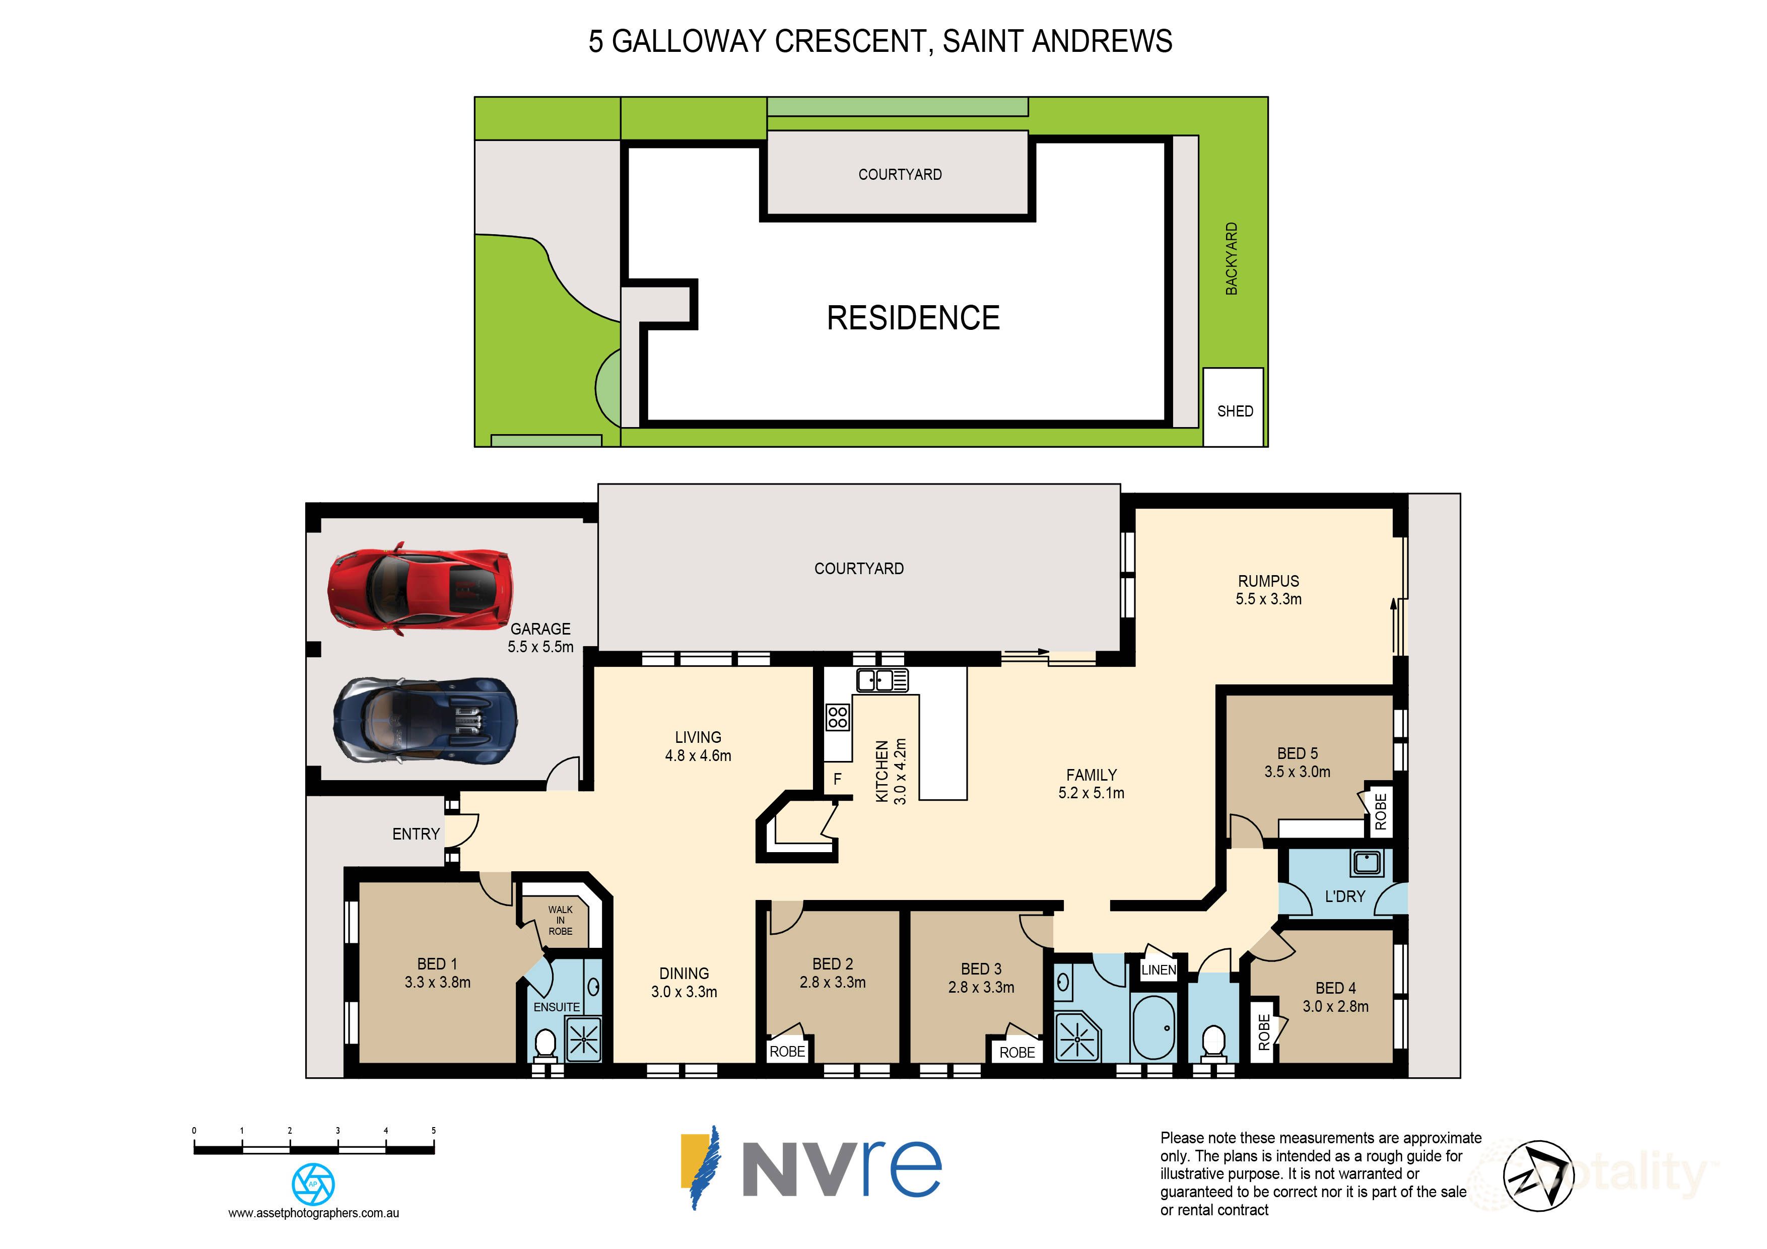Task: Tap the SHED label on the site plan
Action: pos(1235,411)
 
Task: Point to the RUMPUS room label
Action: pos(1268,582)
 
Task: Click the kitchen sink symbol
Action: pos(882,680)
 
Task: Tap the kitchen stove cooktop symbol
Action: pos(837,717)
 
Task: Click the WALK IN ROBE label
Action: pos(560,921)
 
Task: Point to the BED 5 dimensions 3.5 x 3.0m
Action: pos(1297,772)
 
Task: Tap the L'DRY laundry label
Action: pos(1344,896)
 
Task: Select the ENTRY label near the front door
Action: pos(416,834)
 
